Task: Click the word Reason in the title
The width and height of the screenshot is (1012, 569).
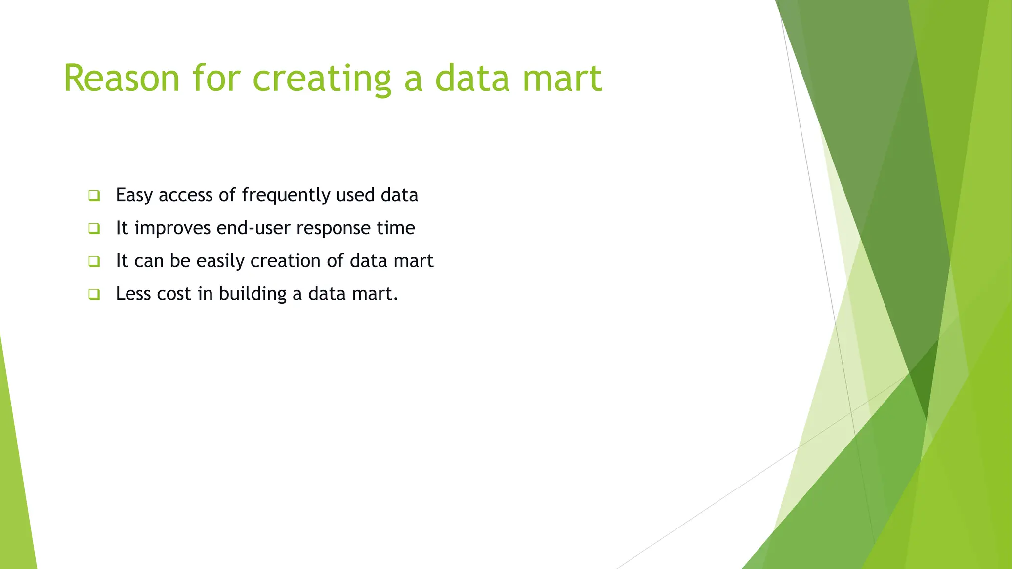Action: pos(122,79)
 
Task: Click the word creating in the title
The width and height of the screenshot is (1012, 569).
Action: pos(322,79)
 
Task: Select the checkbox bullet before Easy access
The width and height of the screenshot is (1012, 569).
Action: pos(94,196)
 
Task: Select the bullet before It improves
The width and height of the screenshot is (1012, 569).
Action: pos(94,229)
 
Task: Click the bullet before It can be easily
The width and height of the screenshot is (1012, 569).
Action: pos(94,261)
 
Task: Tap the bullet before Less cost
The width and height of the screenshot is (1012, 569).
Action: pos(94,295)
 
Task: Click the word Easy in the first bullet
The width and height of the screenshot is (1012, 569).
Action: pos(134,196)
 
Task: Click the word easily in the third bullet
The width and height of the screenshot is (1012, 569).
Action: pos(220,261)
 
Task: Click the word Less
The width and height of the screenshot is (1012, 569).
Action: pos(133,294)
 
